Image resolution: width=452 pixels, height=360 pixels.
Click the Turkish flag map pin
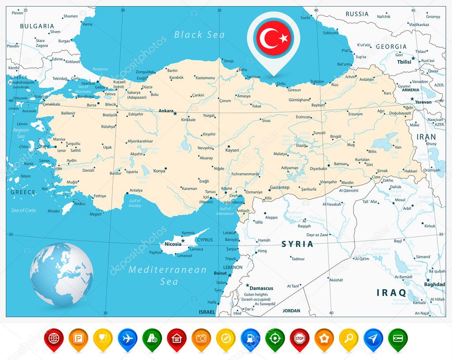coord(273,39)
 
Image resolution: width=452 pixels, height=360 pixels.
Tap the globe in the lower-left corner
coord(61,274)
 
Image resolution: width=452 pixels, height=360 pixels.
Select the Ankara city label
coord(166,111)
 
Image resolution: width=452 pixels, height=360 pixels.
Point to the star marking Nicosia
coord(182,241)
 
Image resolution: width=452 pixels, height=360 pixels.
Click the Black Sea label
coord(199,34)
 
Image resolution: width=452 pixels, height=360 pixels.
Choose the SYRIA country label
coord(298,244)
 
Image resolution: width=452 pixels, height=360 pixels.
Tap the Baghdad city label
coord(434,284)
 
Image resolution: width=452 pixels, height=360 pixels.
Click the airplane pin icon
coord(128,338)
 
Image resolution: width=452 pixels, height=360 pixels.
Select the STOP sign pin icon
coord(299,338)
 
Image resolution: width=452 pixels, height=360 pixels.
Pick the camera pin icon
coord(201,338)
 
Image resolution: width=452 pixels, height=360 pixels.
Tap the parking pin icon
coord(78,338)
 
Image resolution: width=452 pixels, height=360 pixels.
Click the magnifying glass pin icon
coord(348,338)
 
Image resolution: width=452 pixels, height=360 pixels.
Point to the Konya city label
coord(159,171)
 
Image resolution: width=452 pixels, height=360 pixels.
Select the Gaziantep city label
coord(279,187)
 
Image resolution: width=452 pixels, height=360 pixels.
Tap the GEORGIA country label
coord(391,46)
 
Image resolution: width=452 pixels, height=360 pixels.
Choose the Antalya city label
coord(136,190)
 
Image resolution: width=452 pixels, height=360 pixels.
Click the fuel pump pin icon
coord(250,338)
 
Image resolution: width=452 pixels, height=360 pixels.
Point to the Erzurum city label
coord(355,114)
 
